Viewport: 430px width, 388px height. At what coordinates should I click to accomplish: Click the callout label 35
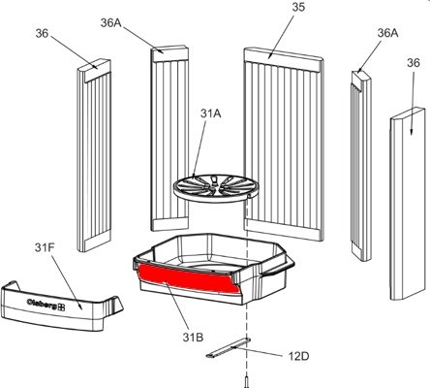click(x=298, y=7)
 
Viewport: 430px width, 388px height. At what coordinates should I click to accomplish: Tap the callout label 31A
click(x=210, y=113)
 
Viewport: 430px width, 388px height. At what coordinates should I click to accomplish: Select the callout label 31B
click(x=193, y=338)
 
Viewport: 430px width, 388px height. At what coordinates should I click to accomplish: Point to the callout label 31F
click(x=45, y=248)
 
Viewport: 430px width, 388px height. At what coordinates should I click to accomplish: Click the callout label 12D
click(x=298, y=356)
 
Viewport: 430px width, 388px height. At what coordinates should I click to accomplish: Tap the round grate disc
click(x=216, y=188)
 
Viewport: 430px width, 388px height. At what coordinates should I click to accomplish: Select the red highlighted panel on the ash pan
click(x=189, y=277)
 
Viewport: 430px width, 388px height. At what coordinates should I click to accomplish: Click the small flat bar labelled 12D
click(x=229, y=348)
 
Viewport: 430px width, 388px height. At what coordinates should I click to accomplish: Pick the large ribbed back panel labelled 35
click(x=284, y=145)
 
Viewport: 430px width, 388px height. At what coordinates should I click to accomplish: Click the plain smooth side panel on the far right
click(x=408, y=205)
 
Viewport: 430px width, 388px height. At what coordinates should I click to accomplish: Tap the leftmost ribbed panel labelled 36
click(x=94, y=155)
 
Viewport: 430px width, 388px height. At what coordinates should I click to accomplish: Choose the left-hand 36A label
click(x=110, y=23)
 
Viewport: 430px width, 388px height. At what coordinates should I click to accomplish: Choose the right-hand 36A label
click(x=387, y=33)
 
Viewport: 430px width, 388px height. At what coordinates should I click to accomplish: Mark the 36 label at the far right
click(x=414, y=63)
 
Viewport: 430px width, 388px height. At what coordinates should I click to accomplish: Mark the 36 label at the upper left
click(x=42, y=33)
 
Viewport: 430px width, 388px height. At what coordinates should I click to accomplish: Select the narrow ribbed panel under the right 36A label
click(x=361, y=166)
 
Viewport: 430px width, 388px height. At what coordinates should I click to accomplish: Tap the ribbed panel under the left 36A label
click(x=169, y=139)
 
